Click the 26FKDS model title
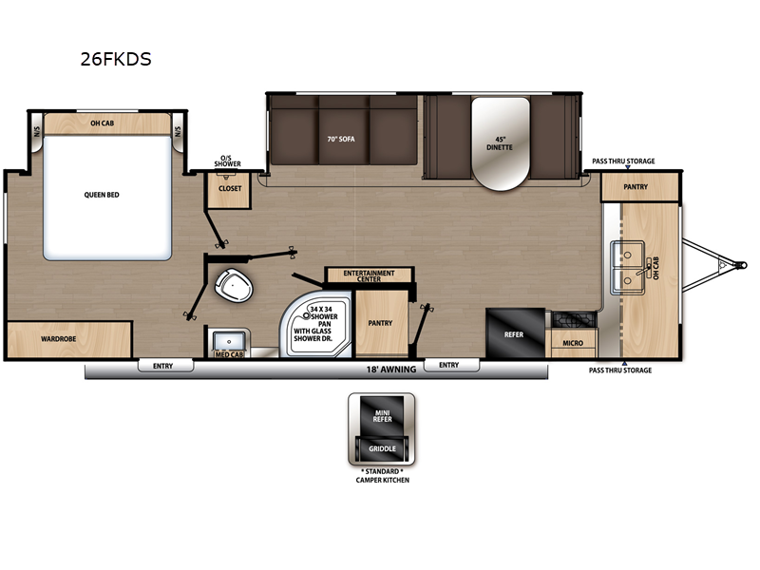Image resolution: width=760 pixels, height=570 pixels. pyautogui.click(x=116, y=59)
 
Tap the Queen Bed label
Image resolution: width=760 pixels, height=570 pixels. pyautogui.click(x=102, y=195)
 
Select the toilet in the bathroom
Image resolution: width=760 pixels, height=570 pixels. pyautogui.click(x=234, y=285)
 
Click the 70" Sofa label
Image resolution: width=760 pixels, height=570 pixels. pyautogui.click(x=341, y=139)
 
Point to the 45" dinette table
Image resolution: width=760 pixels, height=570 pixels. pyautogui.click(x=501, y=143)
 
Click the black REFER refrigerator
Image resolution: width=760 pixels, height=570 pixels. pyautogui.click(x=515, y=333)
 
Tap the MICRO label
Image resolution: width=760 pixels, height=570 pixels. pyautogui.click(x=573, y=343)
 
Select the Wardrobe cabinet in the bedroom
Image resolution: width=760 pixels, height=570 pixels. pyautogui.click(x=68, y=339)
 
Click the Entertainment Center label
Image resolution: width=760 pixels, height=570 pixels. pyautogui.click(x=369, y=275)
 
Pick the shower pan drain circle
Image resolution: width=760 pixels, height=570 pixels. pyautogui.click(x=306, y=315)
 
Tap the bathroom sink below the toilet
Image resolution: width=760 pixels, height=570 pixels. pyautogui.click(x=229, y=340)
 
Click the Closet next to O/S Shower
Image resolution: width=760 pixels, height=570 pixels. pyautogui.click(x=229, y=189)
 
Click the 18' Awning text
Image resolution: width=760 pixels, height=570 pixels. pyautogui.click(x=391, y=370)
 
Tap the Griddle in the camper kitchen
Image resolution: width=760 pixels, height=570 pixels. pyautogui.click(x=382, y=448)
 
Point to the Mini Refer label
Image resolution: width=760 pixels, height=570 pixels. pyautogui.click(x=382, y=416)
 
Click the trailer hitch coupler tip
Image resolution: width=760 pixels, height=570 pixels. pyautogui.click(x=742, y=265)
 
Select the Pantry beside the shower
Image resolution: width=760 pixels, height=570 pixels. pyautogui.click(x=382, y=323)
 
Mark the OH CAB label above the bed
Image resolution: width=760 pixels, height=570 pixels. pyautogui.click(x=103, y=123)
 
